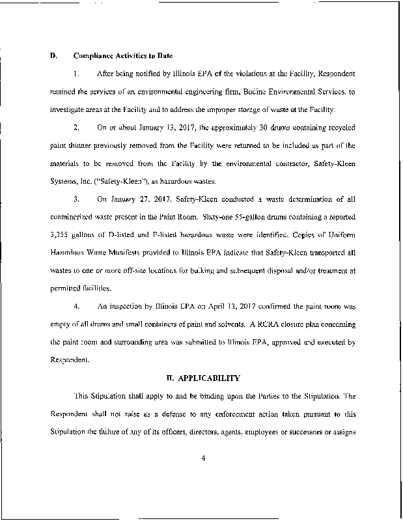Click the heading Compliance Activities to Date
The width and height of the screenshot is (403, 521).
[x=123, y=56]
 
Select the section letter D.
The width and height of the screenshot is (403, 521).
[x=53, y=56]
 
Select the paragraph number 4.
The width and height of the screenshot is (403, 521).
[x=77, y=305]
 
